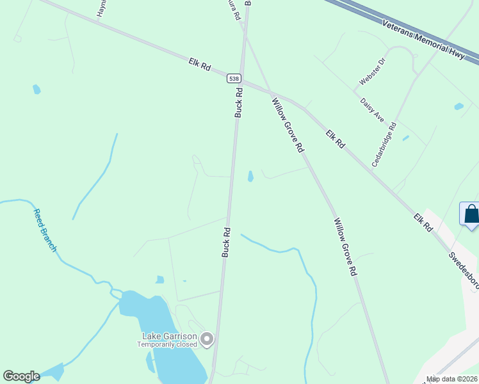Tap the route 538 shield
[x=234, y=77]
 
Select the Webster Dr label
[x=373, y=71]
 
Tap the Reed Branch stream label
[x=45, y=230]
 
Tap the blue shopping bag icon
[x=471, y=214]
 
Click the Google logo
[x=21, y=376]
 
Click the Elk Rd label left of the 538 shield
[x=200, y=65]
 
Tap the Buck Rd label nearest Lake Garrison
[x=225, y=242]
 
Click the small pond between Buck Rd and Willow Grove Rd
[x=250, y=175]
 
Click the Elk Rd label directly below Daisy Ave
[x=335, y=140]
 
